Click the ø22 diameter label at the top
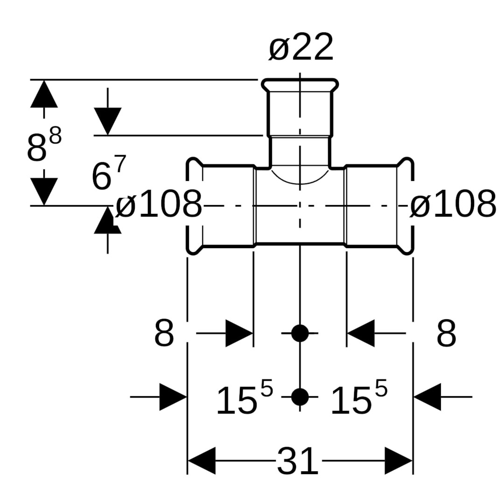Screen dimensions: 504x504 pos(301,48)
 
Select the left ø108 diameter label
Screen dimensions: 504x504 pos(159,204)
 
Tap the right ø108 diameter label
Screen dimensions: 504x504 pos(453,204)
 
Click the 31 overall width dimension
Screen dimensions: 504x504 pos(298,462)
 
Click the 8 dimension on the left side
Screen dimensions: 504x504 pos(164,334)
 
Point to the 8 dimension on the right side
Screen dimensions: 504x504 pos(446,334)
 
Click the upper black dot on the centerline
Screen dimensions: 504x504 pos(300,333)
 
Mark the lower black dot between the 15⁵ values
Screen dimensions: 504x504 pos(300,397)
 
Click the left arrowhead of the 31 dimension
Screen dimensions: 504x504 pos(202,461)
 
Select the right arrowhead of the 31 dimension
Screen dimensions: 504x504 pos(399,461)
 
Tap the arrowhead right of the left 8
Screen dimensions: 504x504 pos(239,333)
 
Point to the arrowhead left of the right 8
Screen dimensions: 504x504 pos(361,333)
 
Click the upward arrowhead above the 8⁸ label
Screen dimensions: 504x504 pos(44,94)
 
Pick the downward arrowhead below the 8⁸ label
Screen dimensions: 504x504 pos(44,191)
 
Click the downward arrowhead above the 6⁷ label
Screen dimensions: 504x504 pos(108,121)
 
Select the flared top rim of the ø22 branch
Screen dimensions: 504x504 pos(300,83)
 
